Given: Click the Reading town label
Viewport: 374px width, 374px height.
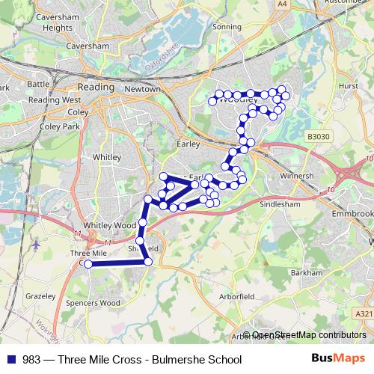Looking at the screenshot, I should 97,87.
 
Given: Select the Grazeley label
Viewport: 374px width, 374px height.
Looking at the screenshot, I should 40,296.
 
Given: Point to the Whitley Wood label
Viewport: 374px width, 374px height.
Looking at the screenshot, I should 109,224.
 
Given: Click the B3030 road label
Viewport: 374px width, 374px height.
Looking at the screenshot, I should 318,137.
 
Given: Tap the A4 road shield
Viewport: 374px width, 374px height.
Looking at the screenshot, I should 282,4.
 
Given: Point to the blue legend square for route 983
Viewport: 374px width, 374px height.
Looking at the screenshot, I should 11,359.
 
